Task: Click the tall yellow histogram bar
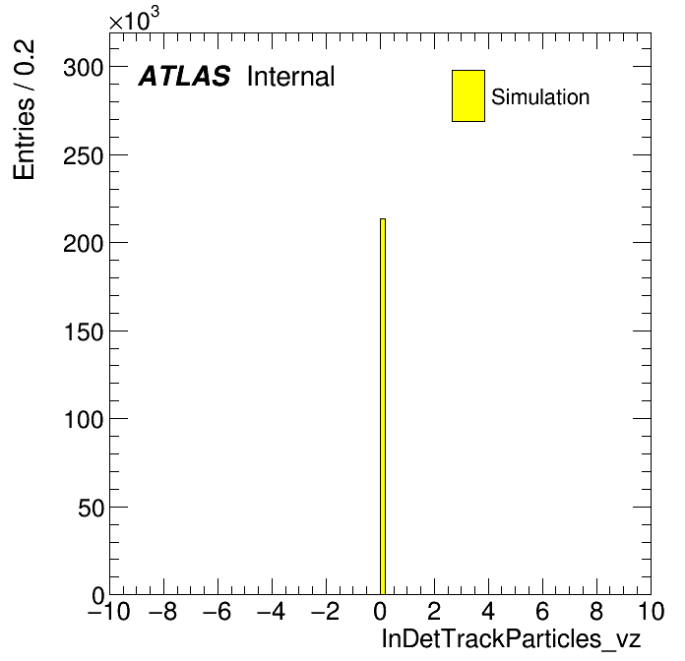[x=383, y=406]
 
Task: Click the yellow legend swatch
[x=468, y=95]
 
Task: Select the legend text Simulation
[x=540, y=97]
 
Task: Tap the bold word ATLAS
[x=184, y=76]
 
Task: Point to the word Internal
[x=291, y=76]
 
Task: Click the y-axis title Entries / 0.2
[x=24, y=109]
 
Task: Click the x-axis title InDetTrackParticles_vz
[x=511, y=638]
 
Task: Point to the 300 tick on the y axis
[x=84, y=68]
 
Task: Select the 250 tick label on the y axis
[x=84, y=155]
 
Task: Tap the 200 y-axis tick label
[x=84, y=243]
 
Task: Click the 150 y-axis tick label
[x=84, y=331]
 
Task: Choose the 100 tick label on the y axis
[x=84, y=420]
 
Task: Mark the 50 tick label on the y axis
[x=92, y=508]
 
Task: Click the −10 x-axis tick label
[x=109, y=611]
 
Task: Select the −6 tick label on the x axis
[x=218, y=611]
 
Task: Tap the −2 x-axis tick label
[x=326, y=611]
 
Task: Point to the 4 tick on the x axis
[x=488, y=611]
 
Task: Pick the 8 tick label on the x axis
[x=596, y=611]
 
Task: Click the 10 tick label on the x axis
[x=651, y=611]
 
